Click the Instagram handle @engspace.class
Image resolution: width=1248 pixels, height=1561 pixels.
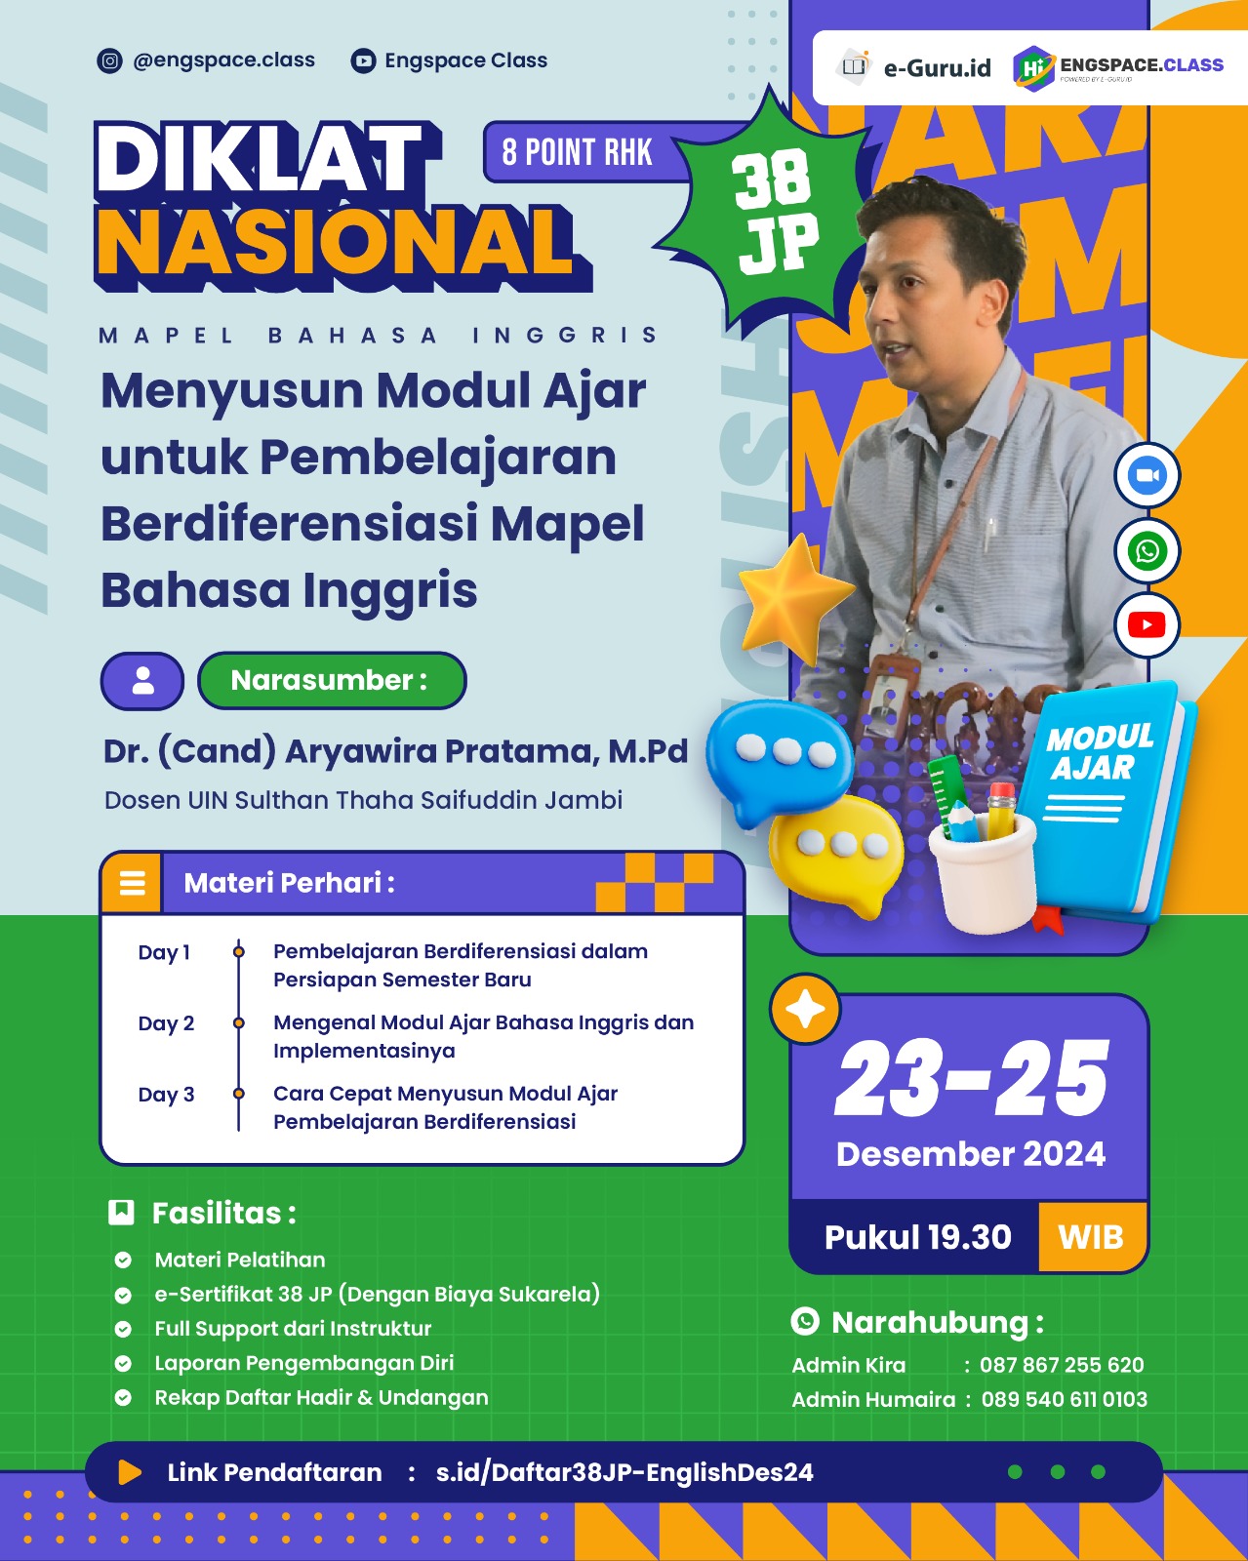click(223, 60)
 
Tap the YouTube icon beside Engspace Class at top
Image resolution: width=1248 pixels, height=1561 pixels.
click(363, 61)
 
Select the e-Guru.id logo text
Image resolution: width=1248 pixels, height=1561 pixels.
click(936, 68)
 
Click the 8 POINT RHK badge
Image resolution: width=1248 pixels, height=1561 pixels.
click(578, 153)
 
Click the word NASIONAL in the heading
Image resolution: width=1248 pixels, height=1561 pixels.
click(335, 243)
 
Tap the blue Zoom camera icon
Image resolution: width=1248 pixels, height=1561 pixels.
click(1147, 476)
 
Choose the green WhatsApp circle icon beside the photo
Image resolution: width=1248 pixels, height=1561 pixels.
click(1147, 551)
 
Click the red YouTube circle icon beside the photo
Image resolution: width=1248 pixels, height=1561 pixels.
click(1147, 625)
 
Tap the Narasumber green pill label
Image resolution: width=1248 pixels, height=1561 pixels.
click(331, 680)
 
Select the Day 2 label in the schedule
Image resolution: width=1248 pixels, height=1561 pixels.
click(166, 1023)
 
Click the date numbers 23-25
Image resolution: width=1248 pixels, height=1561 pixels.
click(972, 1079)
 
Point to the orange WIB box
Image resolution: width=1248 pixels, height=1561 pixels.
click(1092, 1237)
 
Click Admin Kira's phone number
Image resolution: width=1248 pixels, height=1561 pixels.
click(1062, 1365)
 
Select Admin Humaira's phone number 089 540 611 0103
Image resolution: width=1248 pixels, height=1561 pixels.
click(1064, 1399)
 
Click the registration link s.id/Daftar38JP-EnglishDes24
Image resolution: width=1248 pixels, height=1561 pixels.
click(624, 1472)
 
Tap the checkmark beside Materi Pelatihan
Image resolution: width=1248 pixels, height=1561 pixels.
click(123, 1260)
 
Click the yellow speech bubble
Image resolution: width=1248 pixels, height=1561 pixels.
click(834, 849)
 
